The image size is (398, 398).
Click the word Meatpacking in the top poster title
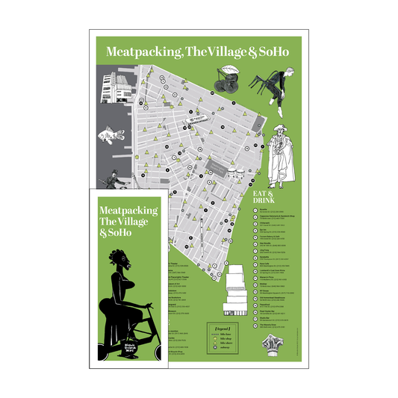tap(137, 52)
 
